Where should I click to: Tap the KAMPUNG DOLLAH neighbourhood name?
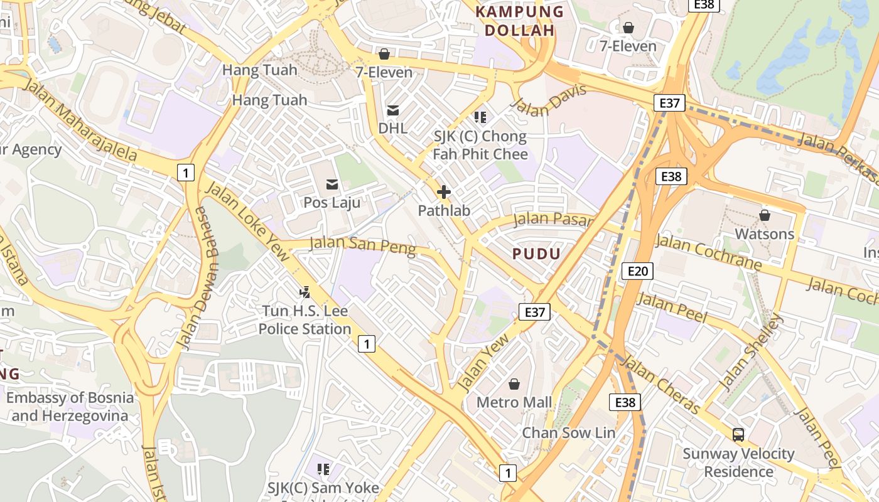519,21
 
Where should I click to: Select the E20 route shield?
637,270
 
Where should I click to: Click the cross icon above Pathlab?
444,191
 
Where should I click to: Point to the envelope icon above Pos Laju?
332,184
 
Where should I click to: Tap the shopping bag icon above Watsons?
764,215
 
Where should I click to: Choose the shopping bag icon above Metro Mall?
514,383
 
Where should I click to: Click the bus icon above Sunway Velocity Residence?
738,434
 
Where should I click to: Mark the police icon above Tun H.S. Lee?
305,292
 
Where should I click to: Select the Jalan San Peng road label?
362,245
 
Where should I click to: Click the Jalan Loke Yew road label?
248,220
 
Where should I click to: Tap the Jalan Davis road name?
549,99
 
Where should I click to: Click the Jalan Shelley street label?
751,352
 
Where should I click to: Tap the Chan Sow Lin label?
569,432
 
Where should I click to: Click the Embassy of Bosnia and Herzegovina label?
70,407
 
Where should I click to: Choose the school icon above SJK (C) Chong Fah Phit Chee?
480,117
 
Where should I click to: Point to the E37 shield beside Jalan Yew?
534,311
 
